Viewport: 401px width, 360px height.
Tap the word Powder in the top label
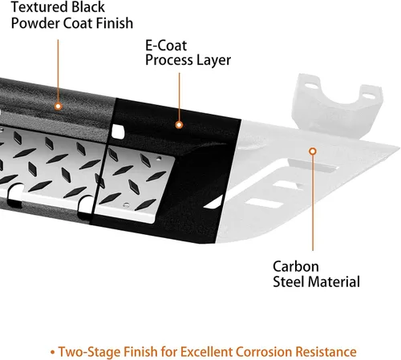34,23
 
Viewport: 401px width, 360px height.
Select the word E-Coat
166,46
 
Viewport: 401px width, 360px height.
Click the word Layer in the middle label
213,60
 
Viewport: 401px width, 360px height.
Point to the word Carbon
296,266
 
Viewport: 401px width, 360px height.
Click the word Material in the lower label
335,281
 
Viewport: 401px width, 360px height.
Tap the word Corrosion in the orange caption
263,352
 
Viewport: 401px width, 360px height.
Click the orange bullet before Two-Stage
52,352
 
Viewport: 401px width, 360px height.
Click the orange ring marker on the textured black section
59,107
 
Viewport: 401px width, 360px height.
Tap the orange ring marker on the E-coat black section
179,125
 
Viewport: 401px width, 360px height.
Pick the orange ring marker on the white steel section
313,152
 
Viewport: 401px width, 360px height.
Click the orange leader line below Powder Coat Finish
58,71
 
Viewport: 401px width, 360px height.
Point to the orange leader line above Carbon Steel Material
313,203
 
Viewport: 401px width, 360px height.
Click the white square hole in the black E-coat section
118,131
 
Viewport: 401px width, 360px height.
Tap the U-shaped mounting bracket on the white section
337,104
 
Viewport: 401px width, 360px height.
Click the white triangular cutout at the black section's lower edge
214,203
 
